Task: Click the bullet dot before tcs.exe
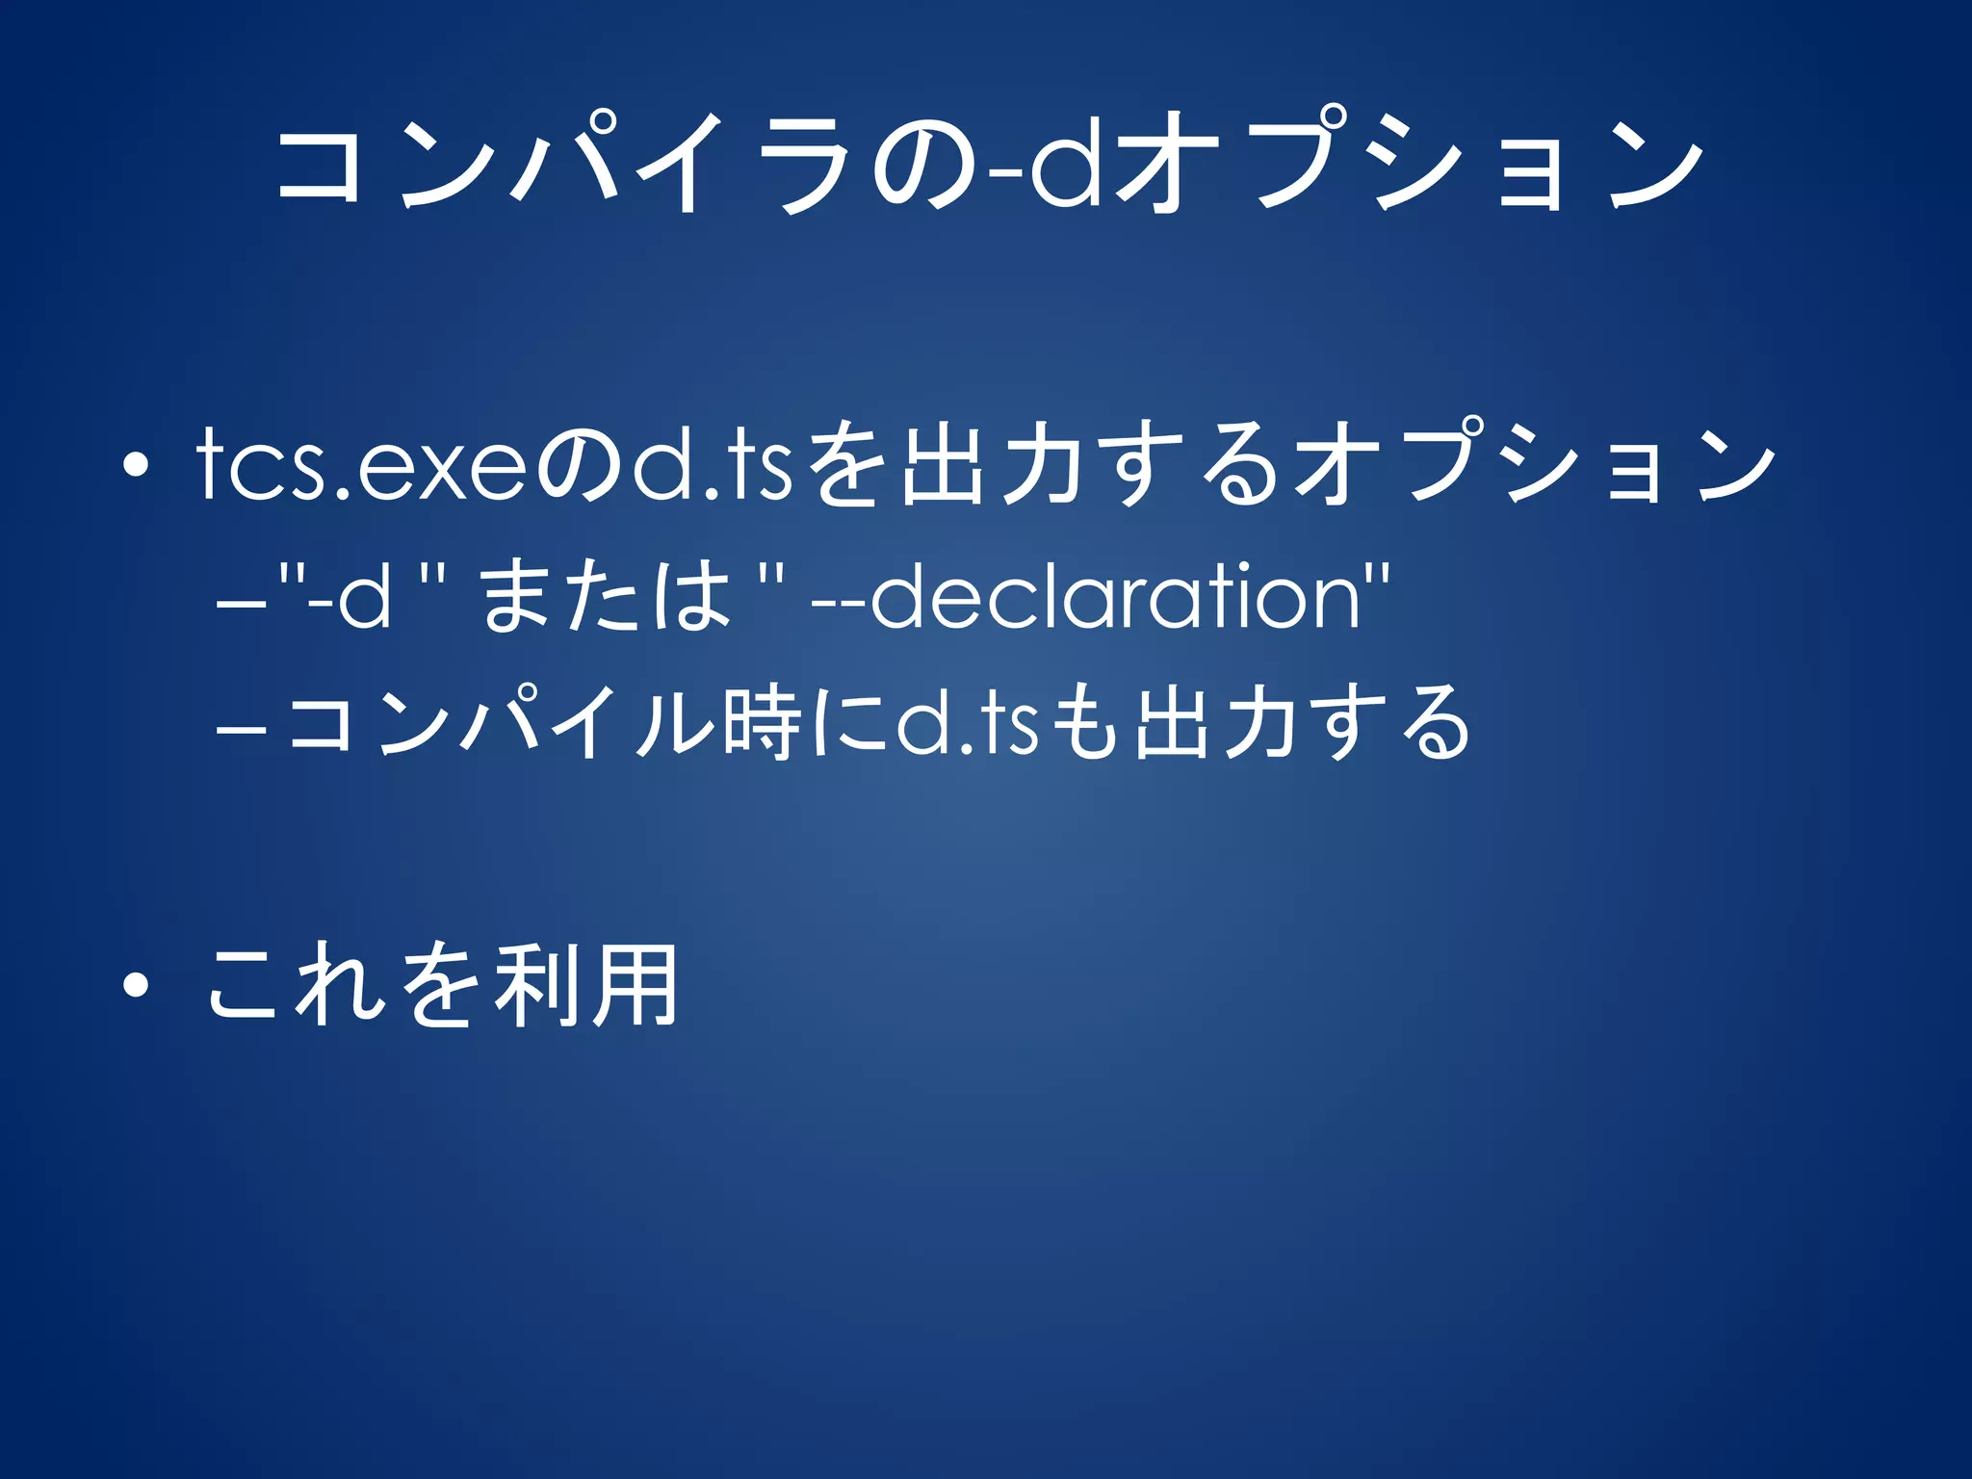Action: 136,466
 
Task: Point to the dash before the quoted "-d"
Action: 242,606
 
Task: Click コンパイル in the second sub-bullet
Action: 502,724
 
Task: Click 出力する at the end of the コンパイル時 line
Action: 1301,724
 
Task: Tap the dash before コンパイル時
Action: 242,731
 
